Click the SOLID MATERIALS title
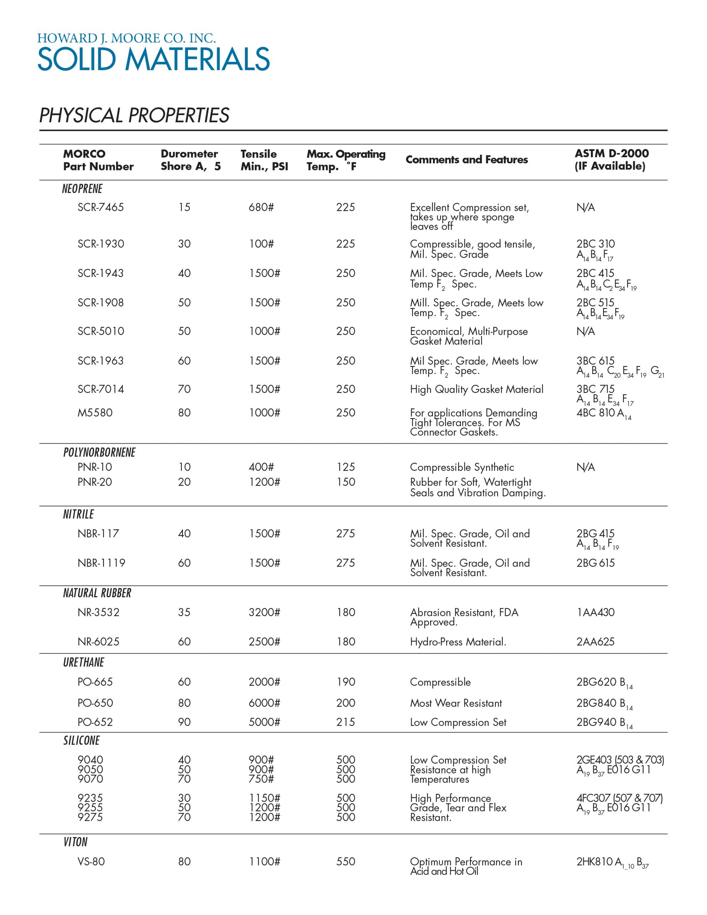153,59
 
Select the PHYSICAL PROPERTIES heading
134,115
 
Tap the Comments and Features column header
467,160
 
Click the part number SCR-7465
100,207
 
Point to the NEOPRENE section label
82,189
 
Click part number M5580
95,413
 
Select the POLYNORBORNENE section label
99,452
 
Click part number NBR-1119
101,563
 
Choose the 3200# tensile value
264,612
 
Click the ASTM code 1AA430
595,612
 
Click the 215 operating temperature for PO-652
345,722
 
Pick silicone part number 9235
90,798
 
